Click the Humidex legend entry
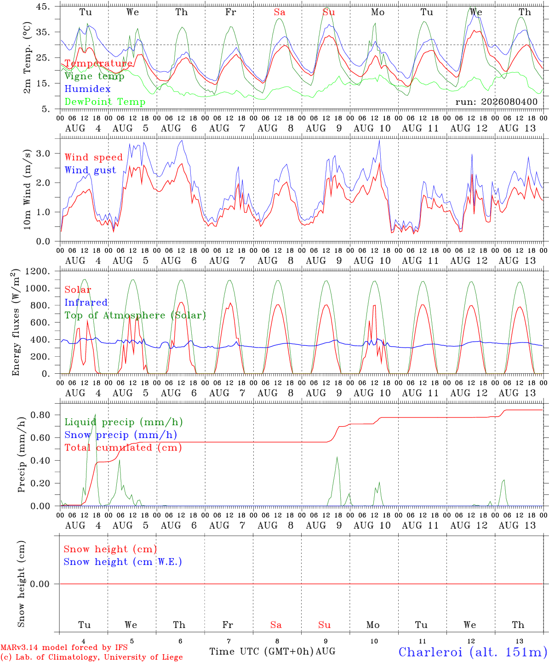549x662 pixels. click(87, 89)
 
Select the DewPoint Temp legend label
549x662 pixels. click(105, 102)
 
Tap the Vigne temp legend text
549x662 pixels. click(95, 76)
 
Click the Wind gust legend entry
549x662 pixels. click(91, 170)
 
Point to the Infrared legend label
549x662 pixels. click(86, 302)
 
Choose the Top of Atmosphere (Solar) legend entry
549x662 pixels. click(136, 315)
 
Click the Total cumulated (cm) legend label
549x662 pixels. click(123, 448)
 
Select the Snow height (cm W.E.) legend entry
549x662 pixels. click(123, 562)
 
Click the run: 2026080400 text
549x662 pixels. click(496, 102)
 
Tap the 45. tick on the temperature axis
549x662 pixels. click(43, 6)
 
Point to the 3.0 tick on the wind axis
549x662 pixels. click(43, 154)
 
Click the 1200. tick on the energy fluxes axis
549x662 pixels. click(38, 271)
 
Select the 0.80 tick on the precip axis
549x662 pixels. click(40, 415)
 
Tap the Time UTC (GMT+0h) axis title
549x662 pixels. click(262, 651)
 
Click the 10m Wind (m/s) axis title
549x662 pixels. click(27, 189)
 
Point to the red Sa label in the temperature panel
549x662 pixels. click(280, 12)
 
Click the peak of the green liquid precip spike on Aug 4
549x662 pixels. click(95, 414)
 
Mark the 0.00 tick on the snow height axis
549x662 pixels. click(40, 584)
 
